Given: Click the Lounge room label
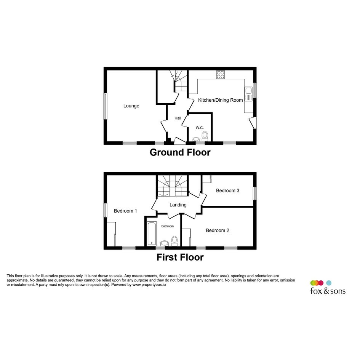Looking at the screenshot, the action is pos(131,106).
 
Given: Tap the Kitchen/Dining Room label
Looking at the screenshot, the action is pos(221,100).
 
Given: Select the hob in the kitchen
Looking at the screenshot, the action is pos(221,75).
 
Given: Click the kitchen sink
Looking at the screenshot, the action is pos(248,94).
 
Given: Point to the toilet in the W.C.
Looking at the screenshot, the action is pos(205,136).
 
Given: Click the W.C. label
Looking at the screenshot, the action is pos(200,128).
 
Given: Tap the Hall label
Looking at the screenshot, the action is pos(178,118).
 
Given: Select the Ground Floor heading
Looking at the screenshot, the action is pos(180,152).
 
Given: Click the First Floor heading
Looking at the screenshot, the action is pos(180,257).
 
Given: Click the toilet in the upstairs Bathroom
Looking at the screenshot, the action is pos(174,241).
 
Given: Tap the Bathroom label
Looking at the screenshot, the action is pos(167,226).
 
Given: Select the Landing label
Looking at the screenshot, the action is pos(178,205).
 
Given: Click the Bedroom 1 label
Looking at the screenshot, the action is pos(125,211).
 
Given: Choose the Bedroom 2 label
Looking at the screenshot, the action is pos(218,230).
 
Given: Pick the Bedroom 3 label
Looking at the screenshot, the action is pos(227,190).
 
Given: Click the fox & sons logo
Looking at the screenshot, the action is pos(328,288).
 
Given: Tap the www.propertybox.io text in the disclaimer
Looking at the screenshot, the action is pos(149,285).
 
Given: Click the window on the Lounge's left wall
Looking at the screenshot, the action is pos(105,106).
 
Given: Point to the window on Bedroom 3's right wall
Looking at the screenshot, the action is pos(254,193).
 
